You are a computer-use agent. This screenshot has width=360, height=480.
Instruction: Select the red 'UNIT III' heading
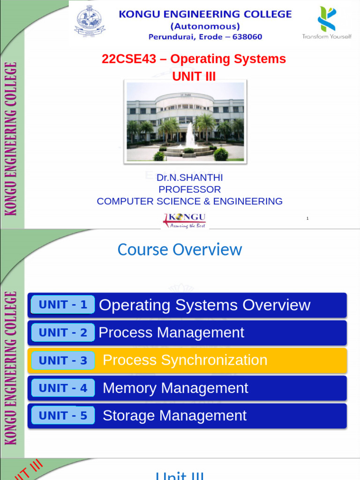[x=194, y=75]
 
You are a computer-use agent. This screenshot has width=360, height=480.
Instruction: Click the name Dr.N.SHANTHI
[x=189, y=178]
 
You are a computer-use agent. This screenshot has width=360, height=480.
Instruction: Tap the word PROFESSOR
[x=189, y=189]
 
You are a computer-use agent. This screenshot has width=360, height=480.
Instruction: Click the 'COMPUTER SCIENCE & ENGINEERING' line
[x=189, y=201]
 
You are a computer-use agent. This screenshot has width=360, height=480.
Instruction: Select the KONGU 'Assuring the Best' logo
[x=185, y=220]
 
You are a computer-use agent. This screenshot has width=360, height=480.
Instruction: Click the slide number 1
[x=307, y=218]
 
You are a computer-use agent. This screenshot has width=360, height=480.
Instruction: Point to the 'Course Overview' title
[x=180, y=249]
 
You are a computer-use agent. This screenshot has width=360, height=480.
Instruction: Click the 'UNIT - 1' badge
[x=63, y=305]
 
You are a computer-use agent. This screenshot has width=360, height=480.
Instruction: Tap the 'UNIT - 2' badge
[x=63, y=332]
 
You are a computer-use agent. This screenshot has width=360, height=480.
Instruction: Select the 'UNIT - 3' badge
[x=63, y=360]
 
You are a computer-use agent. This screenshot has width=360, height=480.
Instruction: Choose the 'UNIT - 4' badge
[x=63, y=388]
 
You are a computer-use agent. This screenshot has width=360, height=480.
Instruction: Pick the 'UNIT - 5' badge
[x=63, y=416]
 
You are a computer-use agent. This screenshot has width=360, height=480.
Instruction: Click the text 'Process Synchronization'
[x=185, y=360]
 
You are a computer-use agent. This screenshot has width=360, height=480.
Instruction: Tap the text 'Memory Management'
[x=175, y=388]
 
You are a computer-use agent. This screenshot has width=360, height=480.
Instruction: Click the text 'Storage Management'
[x=174, y=416]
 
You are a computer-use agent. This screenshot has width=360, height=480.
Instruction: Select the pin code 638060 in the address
[x=245, y=37]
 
